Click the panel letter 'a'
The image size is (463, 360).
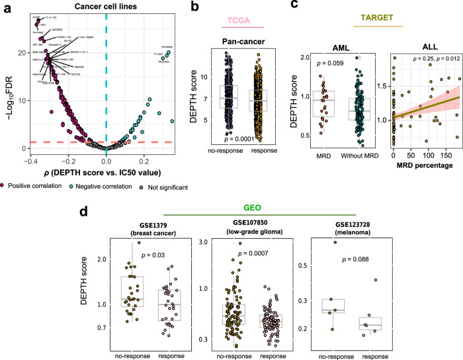[x=5, y=7]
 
